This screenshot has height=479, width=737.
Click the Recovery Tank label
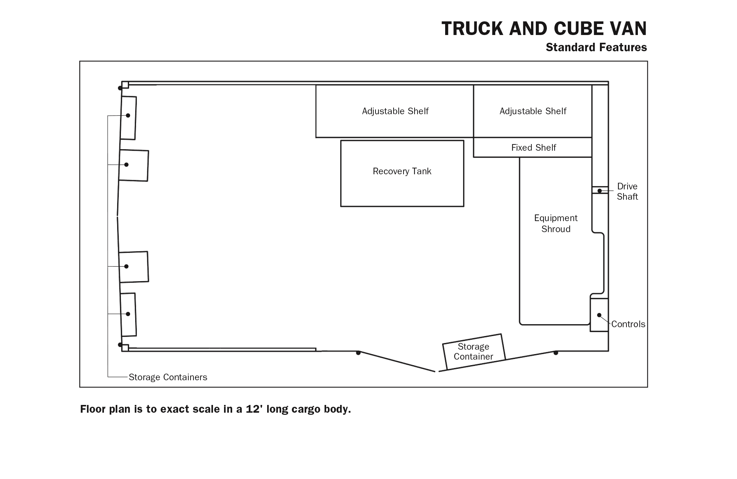[x=402, y=171]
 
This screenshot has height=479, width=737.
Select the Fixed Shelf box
[x=532, y=147]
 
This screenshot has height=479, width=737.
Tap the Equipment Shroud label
[x=556, y=223]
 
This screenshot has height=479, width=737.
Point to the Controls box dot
[x=599, y=315]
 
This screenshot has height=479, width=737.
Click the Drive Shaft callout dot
[x=600, y=191]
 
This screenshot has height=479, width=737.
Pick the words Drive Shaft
[x=627, y=191]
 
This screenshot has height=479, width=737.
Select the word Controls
[x=628, y=324]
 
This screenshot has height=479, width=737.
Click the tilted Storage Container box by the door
[x=474, y=352]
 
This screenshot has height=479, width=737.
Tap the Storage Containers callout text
[x=168, y=377]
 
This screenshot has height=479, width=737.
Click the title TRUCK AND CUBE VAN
[x=544, y=28]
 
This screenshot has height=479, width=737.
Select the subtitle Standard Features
[x=596, y=48]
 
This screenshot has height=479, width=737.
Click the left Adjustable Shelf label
[x=395, y=111]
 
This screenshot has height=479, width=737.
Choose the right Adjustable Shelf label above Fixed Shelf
[x=533, y=111]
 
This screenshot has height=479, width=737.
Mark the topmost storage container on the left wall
[x=128, y=118]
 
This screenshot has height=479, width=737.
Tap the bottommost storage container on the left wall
[x=128, y=315]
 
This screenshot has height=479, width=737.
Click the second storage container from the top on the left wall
[x=134, y=165]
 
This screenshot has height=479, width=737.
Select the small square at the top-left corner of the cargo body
[x=125, y=85]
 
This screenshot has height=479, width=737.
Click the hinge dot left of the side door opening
[x=358, y=353]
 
